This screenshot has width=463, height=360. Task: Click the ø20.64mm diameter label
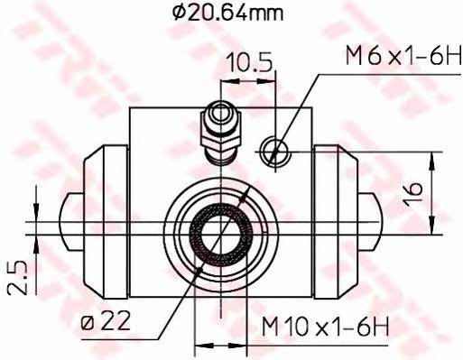point(227,13)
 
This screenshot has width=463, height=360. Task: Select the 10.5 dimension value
point(245,62)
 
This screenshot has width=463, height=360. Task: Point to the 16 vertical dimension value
point(413,194)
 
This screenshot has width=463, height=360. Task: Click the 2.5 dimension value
point(18,277)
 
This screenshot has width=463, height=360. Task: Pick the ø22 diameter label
point(106,319)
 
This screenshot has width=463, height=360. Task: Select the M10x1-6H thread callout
point(325,326)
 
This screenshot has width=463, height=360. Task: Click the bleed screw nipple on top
point(221,133)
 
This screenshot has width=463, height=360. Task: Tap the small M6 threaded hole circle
point(275,152)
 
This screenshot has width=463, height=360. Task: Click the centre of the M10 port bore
point(220,235)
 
